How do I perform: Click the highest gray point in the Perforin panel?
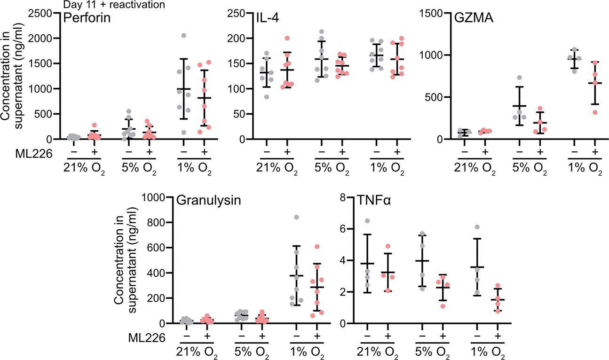coord(183,36)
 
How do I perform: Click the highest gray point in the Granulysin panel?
coord(296,217)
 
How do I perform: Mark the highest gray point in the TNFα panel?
coord(367,221)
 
